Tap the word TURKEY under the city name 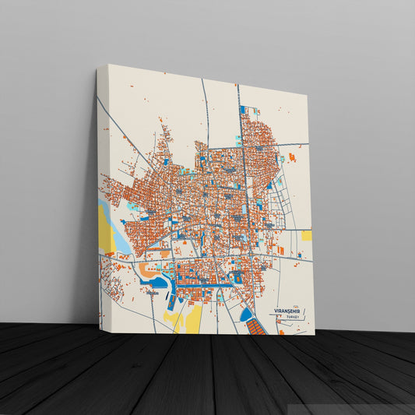point(292,318)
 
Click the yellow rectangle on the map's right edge point(307,235)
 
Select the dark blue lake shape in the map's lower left point(160,281)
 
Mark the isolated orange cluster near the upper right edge point(292,157)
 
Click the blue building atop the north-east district point(242,110)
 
